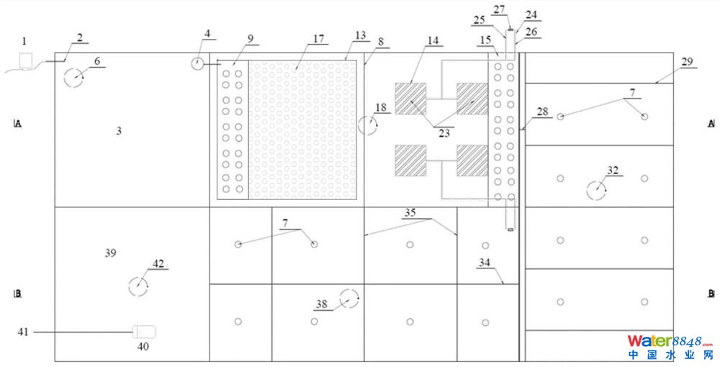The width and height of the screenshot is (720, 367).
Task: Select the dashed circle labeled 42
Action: (138, 285)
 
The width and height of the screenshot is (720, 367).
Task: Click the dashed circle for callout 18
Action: (368, 124)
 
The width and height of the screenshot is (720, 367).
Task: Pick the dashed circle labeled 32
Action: (595, 191)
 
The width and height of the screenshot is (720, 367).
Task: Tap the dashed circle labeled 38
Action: (348, 298)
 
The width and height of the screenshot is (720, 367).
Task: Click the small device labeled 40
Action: (145, 332)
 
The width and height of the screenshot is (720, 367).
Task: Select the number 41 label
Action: (24, 332)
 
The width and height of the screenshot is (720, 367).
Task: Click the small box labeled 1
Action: (27, 61)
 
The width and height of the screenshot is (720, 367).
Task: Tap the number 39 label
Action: (111, 253)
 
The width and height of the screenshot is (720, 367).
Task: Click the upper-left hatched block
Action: (411, 99)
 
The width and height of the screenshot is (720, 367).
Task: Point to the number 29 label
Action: (687, 62)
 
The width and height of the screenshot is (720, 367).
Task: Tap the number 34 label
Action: (485, 264)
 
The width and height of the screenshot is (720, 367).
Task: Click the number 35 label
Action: (410, 212)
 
